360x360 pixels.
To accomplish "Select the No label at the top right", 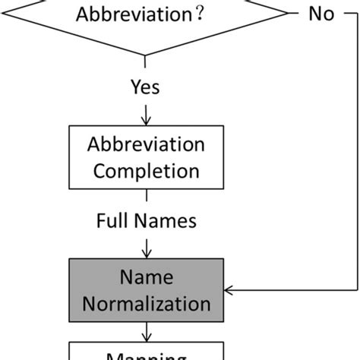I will tap(321, 15).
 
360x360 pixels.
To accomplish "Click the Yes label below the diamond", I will tap(145, 87).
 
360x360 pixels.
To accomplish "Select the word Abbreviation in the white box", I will tap(145, 145).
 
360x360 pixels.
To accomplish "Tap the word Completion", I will tap(145, 170).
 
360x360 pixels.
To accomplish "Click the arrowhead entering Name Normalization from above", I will tap(145, 253).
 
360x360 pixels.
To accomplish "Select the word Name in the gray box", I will tap(145, 279).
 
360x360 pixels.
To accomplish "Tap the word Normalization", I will tap(145, 304).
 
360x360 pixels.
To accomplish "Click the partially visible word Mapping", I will tap(145, 355).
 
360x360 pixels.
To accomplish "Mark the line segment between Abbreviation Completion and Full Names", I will tap(145, 197).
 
